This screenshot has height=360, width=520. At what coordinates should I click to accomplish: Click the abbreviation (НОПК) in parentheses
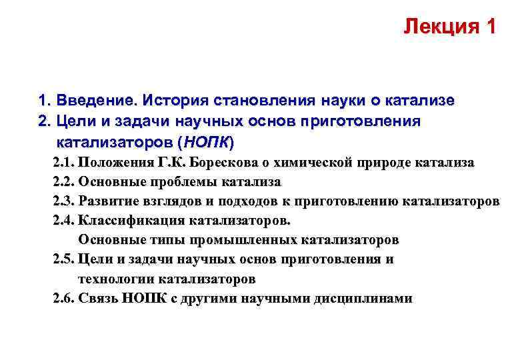point(208,143)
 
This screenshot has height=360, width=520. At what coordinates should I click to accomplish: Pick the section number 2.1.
point(63,163)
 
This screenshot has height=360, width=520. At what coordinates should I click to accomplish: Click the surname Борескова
point(227,163)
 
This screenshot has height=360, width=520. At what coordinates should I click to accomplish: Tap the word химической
point(313,163)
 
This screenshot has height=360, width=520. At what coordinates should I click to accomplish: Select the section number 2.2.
point(63,182)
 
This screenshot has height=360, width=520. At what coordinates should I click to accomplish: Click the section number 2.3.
point(63,201)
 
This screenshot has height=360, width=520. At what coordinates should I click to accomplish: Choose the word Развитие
point(105,201)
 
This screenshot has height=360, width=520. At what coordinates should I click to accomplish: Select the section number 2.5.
point(63,259)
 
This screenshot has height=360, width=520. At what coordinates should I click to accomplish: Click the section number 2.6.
point(63,298)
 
